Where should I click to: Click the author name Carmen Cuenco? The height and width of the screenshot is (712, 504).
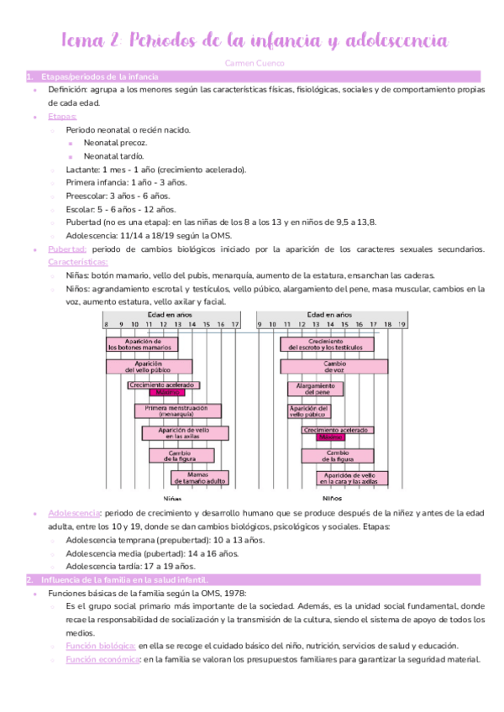(x=251, y=63)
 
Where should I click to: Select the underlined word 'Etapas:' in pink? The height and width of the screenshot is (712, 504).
(x=62, y=117)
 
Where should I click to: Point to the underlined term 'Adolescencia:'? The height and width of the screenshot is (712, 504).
(x=76, y=512)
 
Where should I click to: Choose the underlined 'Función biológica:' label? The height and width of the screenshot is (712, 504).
(x=101, y=646)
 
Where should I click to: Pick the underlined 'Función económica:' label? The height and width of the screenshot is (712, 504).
(x=102, y=659)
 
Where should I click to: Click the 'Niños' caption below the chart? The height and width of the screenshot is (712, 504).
(x=333, y=498)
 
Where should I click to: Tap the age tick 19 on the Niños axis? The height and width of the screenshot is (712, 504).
(x=402, y=324)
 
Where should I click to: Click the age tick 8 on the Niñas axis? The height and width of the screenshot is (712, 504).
(x=105, y=324)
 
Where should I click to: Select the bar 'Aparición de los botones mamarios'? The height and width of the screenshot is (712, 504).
(x=142, y=344)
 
